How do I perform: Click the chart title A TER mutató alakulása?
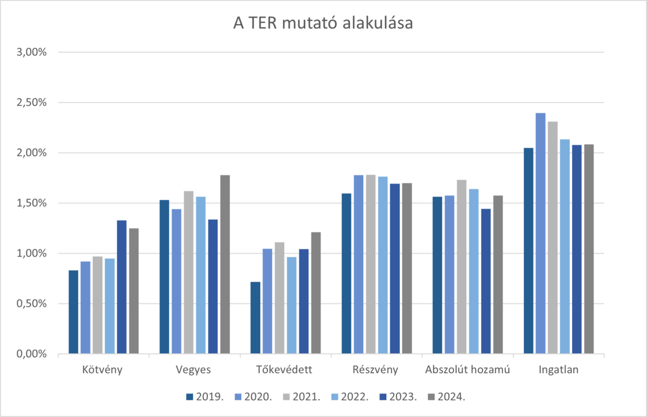point(323,24)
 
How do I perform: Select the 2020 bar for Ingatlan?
point(541,232)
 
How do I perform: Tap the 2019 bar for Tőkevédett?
point(255,317)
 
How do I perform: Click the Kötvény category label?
point(104,370)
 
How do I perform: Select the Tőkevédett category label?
point(286,370)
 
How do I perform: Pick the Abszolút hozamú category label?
point(467,370)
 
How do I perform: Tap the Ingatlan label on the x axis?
point(558,370)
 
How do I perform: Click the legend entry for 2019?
point(205,397)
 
